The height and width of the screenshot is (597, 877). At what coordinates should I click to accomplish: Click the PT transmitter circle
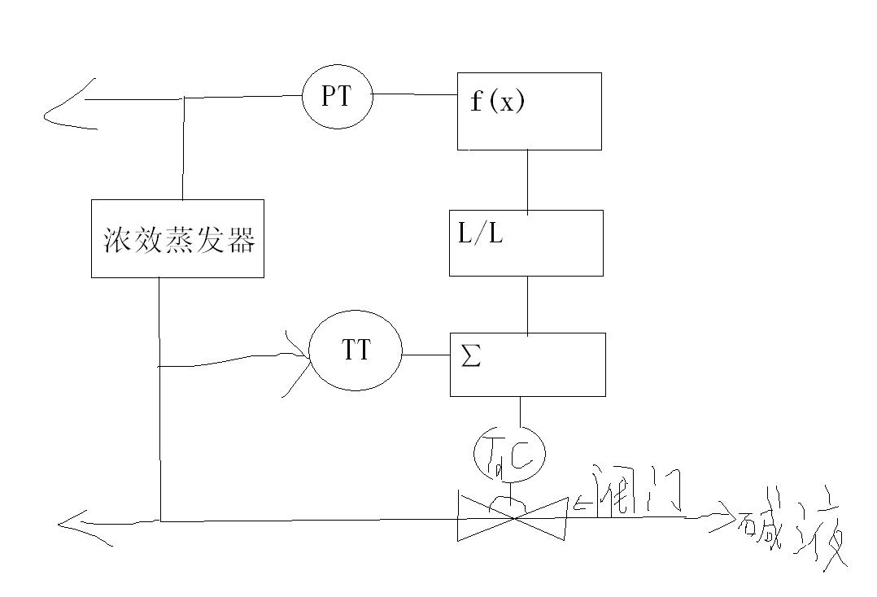pos(337,96)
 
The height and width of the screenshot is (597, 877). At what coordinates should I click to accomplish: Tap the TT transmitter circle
pos(356,351)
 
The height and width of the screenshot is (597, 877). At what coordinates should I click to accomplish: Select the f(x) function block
pos(529,111)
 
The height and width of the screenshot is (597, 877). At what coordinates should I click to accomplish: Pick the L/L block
pos(526,242)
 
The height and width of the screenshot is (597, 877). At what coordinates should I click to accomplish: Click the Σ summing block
pos(527,364)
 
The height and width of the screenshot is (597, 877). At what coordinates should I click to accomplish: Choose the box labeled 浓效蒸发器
pos(177,238)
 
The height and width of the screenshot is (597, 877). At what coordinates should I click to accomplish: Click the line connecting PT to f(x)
pos(413,94)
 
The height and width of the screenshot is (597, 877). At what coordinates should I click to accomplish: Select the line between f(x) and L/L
pos(528,180)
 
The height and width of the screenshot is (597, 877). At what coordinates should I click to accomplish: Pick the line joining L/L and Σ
pos(528,304)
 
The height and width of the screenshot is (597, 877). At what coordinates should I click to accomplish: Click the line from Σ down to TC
pos(521,411)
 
